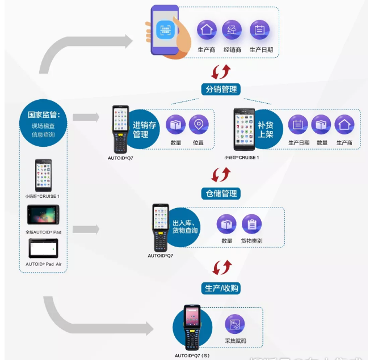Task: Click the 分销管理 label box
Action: click(221, 90)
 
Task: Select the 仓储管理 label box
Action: click(221, 193)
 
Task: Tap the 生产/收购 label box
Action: click(221, 288)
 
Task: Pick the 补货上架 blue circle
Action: click(266, 130)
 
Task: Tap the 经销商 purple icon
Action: click(232, 30)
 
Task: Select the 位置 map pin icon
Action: click(198, 125)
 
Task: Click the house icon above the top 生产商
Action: click(207, 30)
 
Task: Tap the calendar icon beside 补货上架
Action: click(298, 125)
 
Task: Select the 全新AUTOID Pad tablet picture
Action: click(43, 215)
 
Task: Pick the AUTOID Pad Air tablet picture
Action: click(43, 248)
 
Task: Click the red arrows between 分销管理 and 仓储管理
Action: click(221, 174)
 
